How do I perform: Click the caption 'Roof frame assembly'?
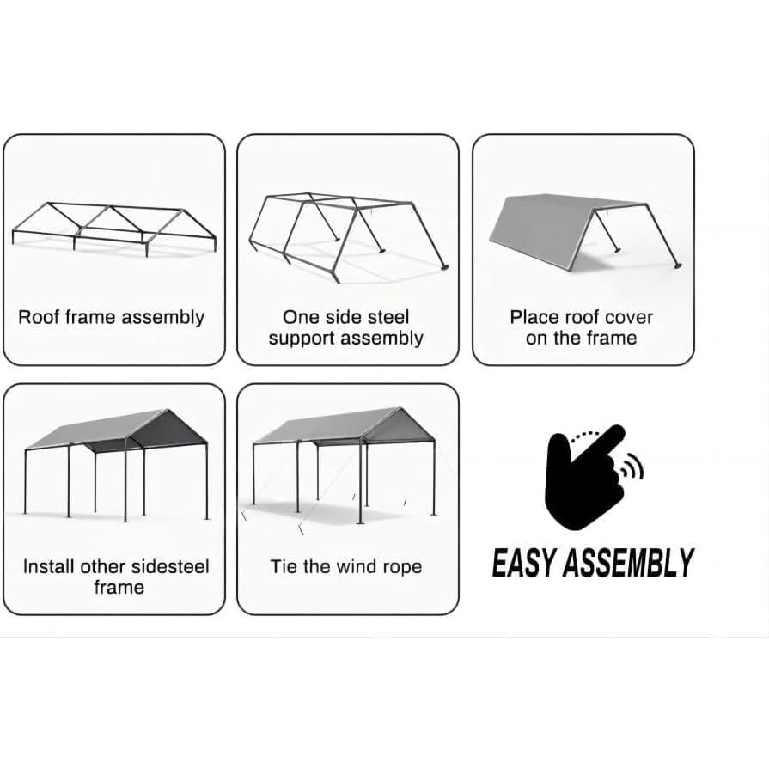[112, 317]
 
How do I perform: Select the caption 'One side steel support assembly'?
[345, 327]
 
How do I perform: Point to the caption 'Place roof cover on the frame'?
[582, 327]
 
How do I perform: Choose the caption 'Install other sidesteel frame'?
[117, 577]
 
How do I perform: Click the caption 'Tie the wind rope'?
[346, 566]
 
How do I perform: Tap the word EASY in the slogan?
[524, 564]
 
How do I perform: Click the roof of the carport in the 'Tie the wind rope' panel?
[344, 426]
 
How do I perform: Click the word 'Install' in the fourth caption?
[49, 566]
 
